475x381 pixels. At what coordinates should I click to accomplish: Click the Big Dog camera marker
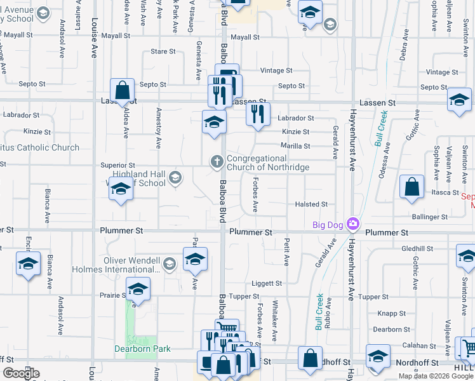pos(353,225)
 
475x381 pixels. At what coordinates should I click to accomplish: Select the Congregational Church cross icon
pos(217,162)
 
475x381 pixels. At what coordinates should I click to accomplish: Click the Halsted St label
pos(311,204)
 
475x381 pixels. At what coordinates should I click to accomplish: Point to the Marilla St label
pos(295,146)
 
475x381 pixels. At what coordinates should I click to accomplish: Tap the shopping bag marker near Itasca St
pos(412,188)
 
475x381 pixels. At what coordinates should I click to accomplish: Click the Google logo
pos(21,373)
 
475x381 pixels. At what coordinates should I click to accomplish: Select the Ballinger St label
pos(429,217)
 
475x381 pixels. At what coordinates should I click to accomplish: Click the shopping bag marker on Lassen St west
pos(122,91)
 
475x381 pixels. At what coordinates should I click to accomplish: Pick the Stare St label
pos(163,51)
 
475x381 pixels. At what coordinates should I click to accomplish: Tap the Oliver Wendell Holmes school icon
pos(169,263)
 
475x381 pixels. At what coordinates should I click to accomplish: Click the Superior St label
pos(117,165)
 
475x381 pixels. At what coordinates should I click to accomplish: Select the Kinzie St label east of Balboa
pos(295,132)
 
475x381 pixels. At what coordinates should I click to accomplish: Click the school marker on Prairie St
pos(137,290)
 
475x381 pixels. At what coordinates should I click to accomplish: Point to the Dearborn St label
pos(389,330)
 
